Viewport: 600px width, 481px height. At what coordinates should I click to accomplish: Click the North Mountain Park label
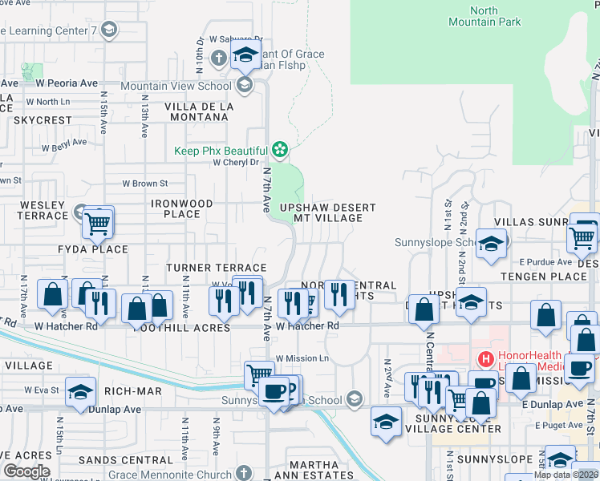point(484,16)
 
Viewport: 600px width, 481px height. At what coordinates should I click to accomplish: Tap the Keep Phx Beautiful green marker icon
point(279,149)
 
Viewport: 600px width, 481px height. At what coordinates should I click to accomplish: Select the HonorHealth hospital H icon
point(484,359)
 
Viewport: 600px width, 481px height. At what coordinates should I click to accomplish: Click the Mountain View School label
point(176,86)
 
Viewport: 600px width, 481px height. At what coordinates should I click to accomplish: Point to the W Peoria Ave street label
point(66,83)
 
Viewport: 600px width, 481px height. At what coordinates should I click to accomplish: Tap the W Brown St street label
point(144,184)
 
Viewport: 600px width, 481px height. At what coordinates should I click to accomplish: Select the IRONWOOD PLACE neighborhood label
point(182,208)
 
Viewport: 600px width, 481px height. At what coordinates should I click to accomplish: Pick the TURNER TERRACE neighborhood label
point(216,268)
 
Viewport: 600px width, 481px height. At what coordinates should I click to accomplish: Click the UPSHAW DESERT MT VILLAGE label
point(327,212)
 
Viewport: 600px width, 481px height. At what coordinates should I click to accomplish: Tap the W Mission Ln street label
point(302,358)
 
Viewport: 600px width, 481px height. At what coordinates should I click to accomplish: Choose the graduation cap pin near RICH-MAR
point(79,391)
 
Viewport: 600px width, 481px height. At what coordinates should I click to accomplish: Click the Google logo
point(26,471)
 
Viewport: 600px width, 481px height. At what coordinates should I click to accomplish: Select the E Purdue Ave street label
point(545,262)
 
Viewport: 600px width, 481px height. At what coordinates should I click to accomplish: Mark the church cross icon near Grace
point(219,58)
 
